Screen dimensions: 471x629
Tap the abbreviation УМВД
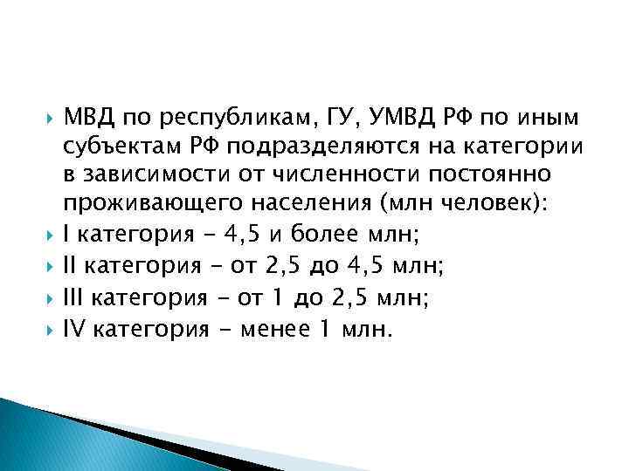tap(395, 117)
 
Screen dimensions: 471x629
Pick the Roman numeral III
tap(74, 297)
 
